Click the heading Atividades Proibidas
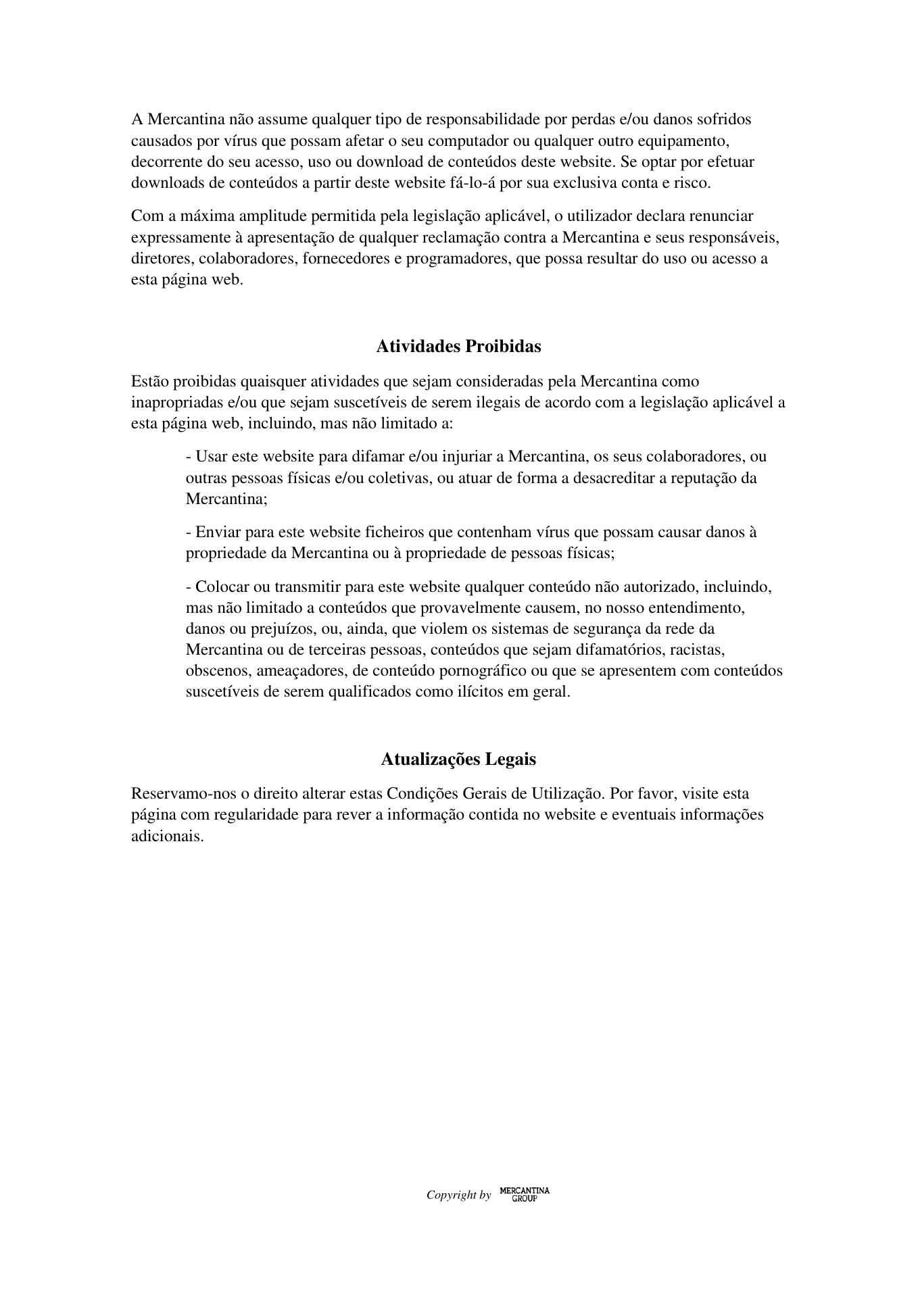point(458,347)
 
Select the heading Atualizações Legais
point(458,759)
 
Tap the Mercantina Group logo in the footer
point(525,1195)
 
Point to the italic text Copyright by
point(458,1195)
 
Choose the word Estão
point(150,382)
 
